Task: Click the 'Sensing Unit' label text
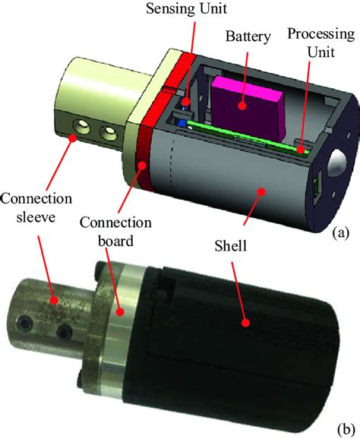click(186, 8)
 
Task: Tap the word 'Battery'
click(248, 36)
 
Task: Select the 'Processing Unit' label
click(321, 43)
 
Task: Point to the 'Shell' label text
click(231, 246)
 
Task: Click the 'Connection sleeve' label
click(36, 207)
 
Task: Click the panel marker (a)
click(341, 232)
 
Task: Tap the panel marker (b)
click(346, 429)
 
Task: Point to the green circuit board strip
click(248, 137)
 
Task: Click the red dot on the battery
click(243, 106)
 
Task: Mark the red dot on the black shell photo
click(245, 323)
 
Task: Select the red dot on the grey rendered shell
click(261, 191)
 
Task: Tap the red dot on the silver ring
click(121, 312)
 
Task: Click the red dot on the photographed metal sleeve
click(53, 301)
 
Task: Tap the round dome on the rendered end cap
click(336, 163)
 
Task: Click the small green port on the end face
click(317, 189)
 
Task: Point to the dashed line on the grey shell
click(172, 163)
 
